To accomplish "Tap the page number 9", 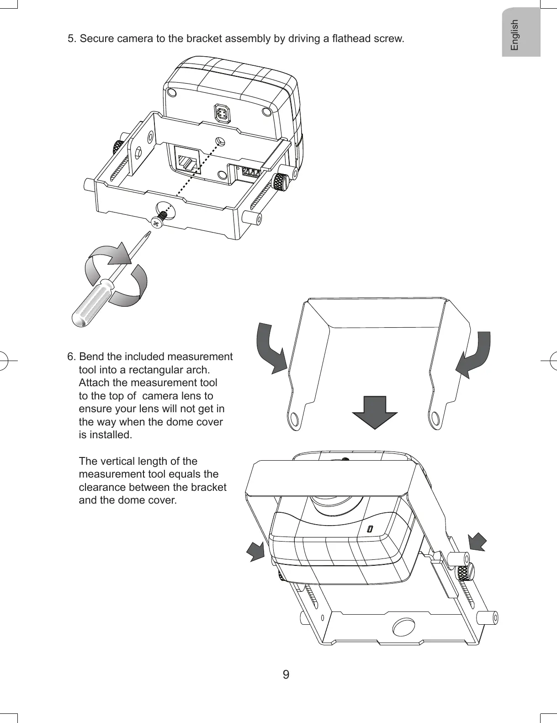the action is [x=286, y=675].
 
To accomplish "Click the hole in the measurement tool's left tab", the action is [x=295, y=419].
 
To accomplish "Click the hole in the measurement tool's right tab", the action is [x=436, y=418].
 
